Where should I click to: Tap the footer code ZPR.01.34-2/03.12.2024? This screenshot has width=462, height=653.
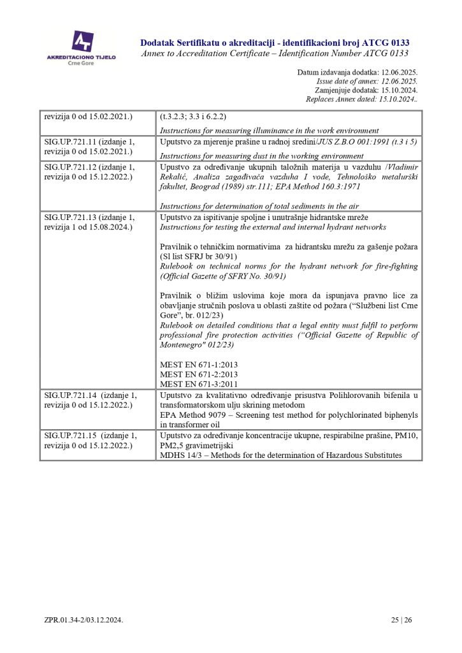[x=83, y=620]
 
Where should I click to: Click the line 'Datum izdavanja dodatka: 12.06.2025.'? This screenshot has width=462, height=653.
[x=357, y=73]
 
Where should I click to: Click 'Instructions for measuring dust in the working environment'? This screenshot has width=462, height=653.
[x=261, y=156]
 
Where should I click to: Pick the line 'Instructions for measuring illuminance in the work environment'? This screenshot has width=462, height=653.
[x=269, y=131]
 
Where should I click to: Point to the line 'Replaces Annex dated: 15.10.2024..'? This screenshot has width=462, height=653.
[x=361, y=99]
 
